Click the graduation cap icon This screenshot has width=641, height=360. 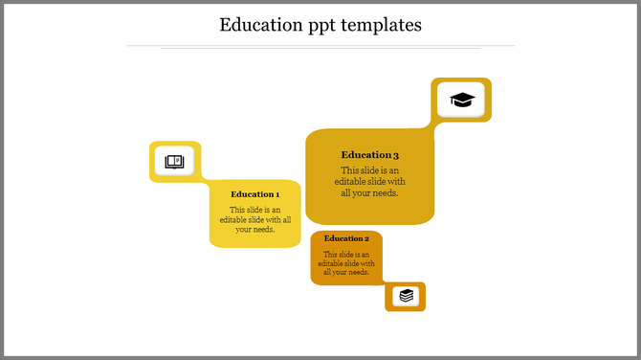(462, 100)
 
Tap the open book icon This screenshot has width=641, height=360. (174, 161)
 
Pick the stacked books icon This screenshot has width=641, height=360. (407, 296)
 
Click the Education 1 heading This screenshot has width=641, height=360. (255, 194)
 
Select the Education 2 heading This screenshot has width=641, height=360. (346, 238)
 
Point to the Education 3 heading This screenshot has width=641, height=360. (370, 154)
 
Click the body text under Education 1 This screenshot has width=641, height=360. (255, 219)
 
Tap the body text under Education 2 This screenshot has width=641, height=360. (346, 263)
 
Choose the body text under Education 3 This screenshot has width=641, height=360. (370, 182)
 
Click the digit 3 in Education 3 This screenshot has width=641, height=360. (395, 154)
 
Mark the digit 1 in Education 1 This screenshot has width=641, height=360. (277, 194)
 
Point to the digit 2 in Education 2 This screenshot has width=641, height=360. (366, 238)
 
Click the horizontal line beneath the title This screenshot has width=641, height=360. (320, 45)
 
